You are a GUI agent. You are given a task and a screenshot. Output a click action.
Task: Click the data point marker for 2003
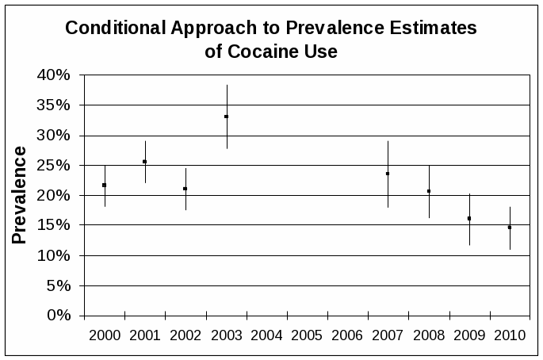[x=227, y=117]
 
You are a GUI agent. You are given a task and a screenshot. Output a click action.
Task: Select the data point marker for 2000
[x=105, y=185]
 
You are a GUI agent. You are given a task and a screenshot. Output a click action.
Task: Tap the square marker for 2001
[x=145, y=162]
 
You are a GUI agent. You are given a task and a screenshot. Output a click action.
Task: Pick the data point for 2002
[x=185, y=189]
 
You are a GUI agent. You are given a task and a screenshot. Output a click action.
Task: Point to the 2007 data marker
[x=388, y=174]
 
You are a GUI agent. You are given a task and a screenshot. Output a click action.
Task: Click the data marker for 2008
[x=429, y=191]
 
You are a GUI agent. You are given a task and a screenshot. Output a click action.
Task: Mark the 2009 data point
[x=469, y=218]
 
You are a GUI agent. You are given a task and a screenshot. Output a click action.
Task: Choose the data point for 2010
[x=510, y=228]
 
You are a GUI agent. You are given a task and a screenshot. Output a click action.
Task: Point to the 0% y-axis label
[x=60, y=316]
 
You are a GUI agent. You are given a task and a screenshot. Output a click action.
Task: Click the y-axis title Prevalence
[x=20, y=195]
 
